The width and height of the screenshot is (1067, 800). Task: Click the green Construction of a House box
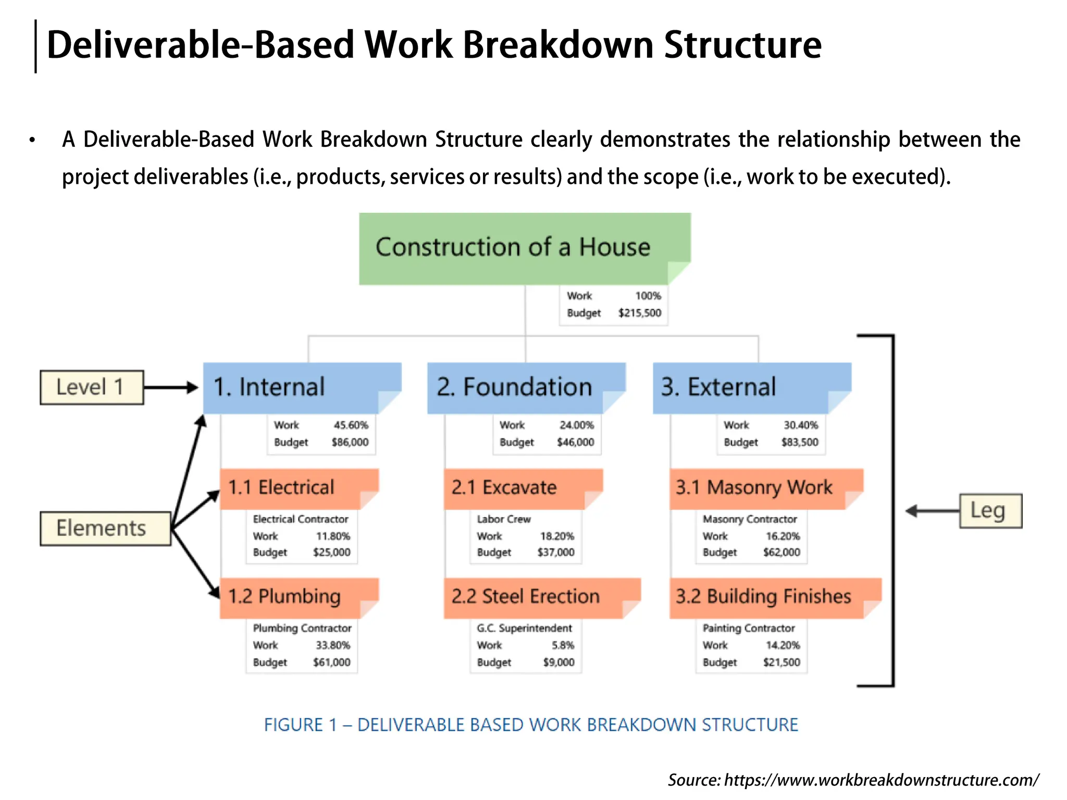pyautogui.click(x=524, y=248)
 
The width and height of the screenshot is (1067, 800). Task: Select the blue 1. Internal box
pyautogui.click(x=301, y=387)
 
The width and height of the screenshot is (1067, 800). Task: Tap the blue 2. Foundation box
pyautogui.click(x=525, y=387)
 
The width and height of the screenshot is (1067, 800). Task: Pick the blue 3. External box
pyautogui.click(x=751, y=387)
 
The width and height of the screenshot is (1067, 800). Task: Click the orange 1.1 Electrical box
pyautogui.click(x=298, y=488)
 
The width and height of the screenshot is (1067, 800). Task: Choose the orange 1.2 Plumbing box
pyautogui.click(x=298, y=597)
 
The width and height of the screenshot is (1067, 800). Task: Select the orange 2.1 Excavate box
pyautogui.click(x=522, y=488)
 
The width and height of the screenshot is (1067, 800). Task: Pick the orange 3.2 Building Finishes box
pyautogui.click(x=774, y=597)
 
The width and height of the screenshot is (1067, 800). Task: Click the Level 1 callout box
pyautogui.click(x=91, y=387)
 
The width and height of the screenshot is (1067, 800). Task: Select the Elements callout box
pyautogui.click(x=105, y=529)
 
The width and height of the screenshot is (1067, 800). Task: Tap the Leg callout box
pyautogui.click(x=990, y=511)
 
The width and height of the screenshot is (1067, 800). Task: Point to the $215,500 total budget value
pyautogui.click(x=639, y=313)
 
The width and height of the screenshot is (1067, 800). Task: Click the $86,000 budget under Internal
pyautogui.click(x=350, y=442)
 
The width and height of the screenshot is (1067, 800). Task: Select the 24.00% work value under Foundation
pyautogui.click(x=576, y=425)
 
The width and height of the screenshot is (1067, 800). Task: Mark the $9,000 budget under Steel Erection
pyautogui.click(x=558, y=662)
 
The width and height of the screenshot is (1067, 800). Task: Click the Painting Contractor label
pyautogui.click(x=748, y=628)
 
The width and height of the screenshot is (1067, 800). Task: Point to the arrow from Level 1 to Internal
pyautogui.click(x=171, y=387)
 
